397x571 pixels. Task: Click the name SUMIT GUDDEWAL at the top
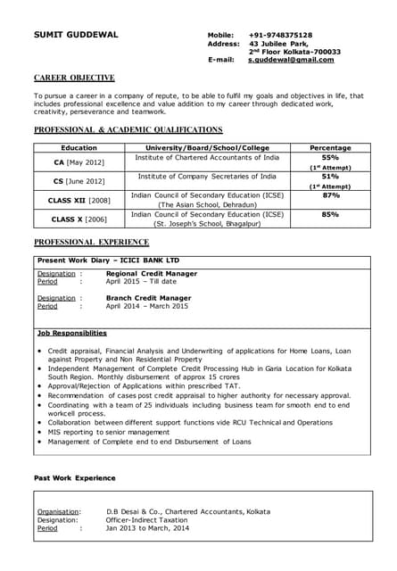click(x=76, y=35)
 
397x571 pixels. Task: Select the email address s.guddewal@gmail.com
click(x=291, y=60)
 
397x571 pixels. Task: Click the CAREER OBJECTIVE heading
click(x=74, y=79)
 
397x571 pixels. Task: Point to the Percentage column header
click(x=329, y=147)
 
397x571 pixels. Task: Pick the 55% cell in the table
click(x=329, y=157)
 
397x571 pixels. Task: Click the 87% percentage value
click(x=329, y=195)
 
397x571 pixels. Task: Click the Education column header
click(x=79, y=147)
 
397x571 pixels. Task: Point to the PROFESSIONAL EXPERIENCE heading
click(x=91, y=243)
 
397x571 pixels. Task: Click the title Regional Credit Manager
click(x=152, y=273)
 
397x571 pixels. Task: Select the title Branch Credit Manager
click(x=148, y=297)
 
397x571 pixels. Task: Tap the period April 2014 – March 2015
click(x=147, y=306)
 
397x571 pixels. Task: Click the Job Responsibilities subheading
click(x=71, y=333)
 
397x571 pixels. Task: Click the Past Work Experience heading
click(x=74, y=479)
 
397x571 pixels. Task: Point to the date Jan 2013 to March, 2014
click(x=147, y=528)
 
